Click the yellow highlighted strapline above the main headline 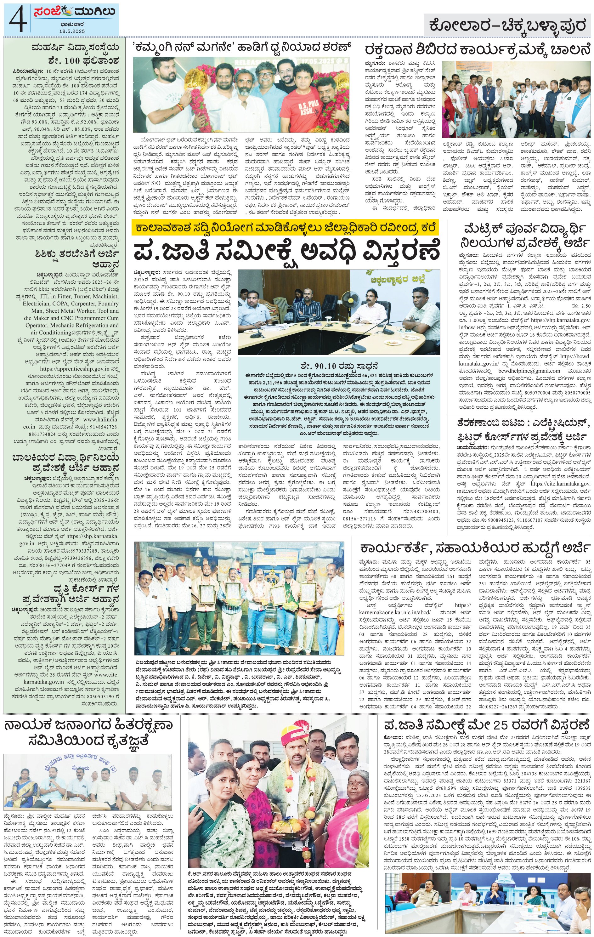(x=285, y=227)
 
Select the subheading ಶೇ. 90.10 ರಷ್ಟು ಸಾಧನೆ (x=340, y=366)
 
